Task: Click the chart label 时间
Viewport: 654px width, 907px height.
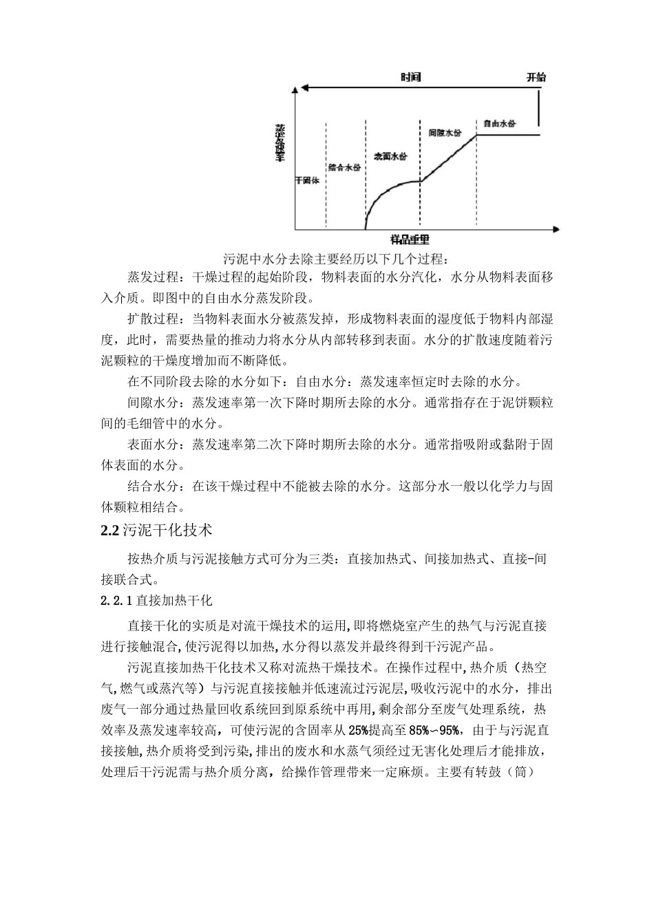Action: point(410,77)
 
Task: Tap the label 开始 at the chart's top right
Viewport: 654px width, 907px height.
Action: point(536,77)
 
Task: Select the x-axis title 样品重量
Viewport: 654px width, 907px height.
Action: point(410,239)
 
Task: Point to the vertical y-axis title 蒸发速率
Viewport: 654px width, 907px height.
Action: point(280,142)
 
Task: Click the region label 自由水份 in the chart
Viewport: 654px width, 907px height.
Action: point(499,124)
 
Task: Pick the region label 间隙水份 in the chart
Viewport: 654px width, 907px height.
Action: point(444,132)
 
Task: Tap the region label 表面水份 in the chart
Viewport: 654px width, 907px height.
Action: point(390,157)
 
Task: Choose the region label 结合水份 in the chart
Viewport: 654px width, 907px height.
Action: point(344,167)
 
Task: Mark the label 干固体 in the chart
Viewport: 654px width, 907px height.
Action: point(307,181)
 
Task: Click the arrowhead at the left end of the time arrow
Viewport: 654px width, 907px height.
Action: point(297,88)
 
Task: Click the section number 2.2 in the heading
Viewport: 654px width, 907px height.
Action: point(110,530)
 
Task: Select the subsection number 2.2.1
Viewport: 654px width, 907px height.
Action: point(114,601)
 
